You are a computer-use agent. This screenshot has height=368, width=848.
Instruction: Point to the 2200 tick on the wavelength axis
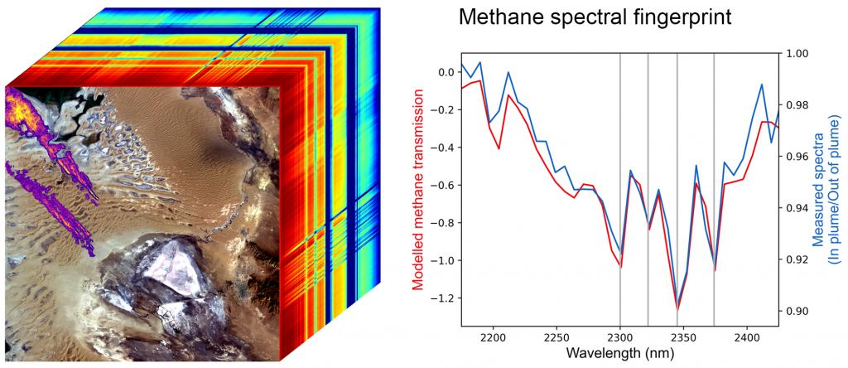[x=493, y=338]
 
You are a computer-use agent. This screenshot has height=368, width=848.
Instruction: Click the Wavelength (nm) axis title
[x=619, y=354]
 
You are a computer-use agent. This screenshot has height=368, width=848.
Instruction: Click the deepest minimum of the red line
[x=678, y=309]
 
